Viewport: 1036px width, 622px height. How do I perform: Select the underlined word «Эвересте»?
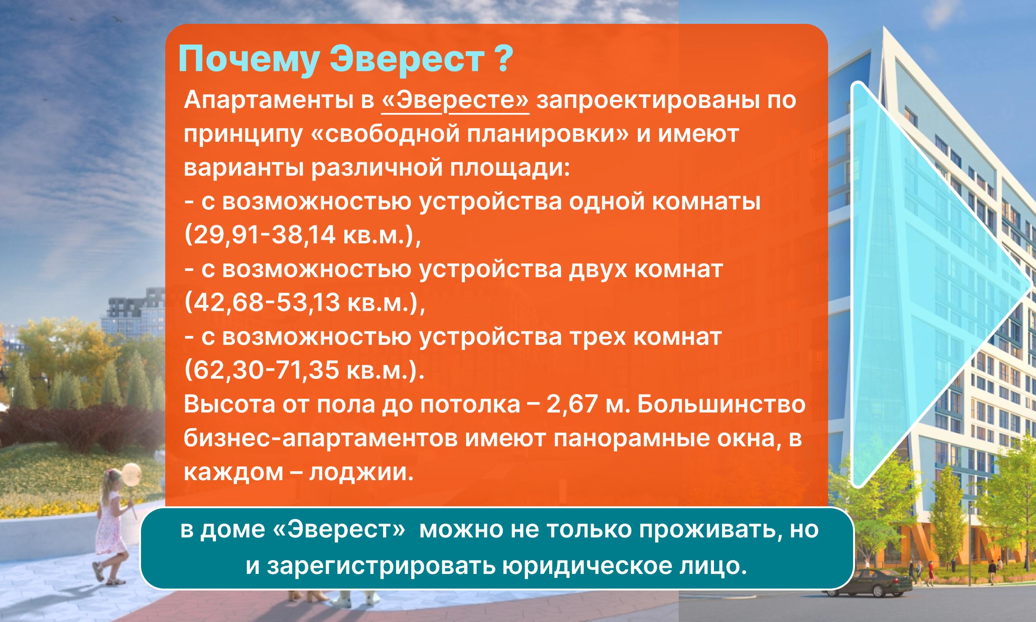point(455,102)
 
